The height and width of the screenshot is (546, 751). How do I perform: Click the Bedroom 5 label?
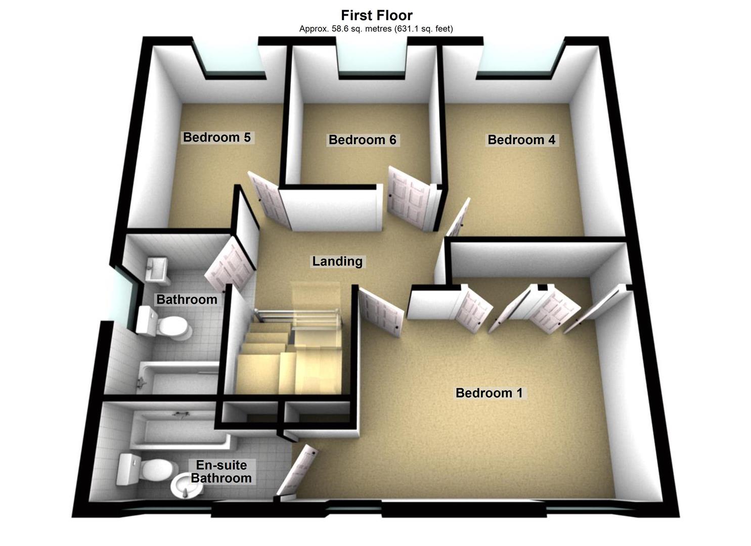tap(216, 137)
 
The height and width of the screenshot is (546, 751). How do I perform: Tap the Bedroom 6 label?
tap(362, 140)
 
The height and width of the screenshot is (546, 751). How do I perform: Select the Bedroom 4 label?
tap(521, 140)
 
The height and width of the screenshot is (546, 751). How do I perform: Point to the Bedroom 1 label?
tap(489, 393)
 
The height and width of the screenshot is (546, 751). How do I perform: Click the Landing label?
tap(337, 261)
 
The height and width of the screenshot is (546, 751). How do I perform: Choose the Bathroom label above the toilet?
tap(187, 299)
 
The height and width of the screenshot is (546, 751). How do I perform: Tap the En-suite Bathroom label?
tap(221, 472)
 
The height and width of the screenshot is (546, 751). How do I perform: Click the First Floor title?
tap(376, 15)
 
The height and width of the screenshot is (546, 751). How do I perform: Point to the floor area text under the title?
tap(376, 29)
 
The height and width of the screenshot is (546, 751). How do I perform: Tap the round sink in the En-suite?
tap(183, 485)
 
